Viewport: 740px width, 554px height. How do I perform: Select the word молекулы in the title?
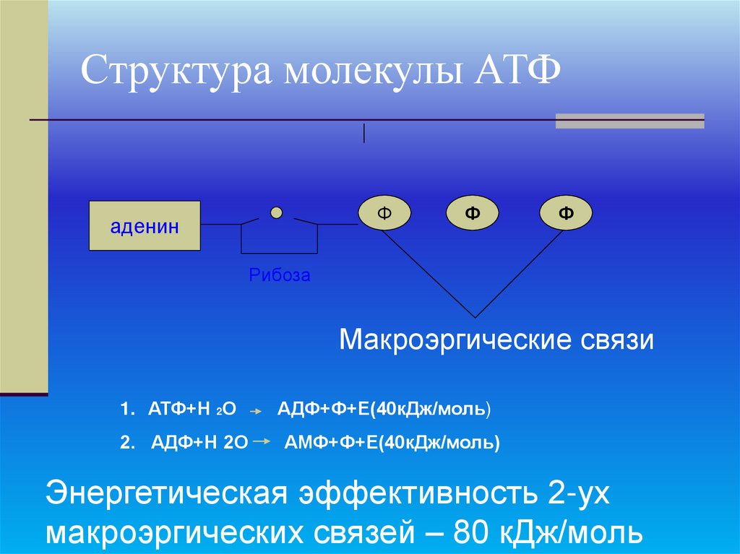(369, 74)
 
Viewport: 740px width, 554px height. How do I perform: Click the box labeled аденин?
(145, 226)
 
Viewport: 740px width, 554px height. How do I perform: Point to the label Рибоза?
(279, 275)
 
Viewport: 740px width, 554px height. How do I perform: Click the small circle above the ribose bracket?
(276, 212)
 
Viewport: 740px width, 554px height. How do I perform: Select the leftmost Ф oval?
(384, 213)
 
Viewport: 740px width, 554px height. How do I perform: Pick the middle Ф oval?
(473, 213)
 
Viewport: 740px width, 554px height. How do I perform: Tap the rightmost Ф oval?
(565, 213)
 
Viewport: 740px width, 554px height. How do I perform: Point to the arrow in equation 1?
(255, 410)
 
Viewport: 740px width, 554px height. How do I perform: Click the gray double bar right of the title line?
(629, 121)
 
